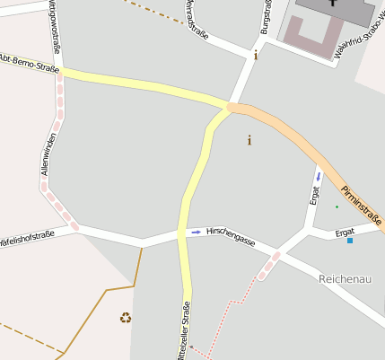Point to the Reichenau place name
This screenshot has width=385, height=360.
click(346, 279)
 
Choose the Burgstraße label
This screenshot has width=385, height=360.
click(266, 16)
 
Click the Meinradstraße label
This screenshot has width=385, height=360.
click(197, 18)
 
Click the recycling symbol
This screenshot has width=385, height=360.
click(126, 317)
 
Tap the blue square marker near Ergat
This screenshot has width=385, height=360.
click(350, 241)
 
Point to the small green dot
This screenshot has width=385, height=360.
click(337, 207)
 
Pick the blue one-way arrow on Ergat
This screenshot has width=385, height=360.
click(318, 175)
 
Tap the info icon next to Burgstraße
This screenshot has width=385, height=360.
click(256, 55)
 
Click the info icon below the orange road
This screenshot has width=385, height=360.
click(249, 140)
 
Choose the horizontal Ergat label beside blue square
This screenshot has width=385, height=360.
click(345, 232)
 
